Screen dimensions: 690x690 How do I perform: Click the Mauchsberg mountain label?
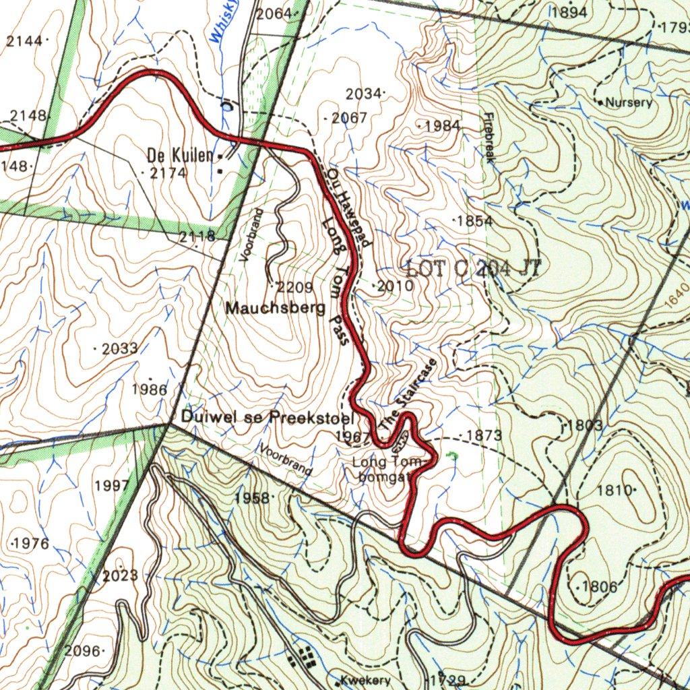coord(276,309)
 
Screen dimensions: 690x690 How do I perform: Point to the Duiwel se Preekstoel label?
coord(268,416)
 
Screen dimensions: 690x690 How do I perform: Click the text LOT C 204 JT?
coord(474,269)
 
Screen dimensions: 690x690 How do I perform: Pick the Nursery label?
coord(629,103)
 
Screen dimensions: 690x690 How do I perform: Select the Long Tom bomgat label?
coord(387,470)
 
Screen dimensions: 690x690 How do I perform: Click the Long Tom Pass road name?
coord(336,280)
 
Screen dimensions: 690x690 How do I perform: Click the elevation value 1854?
coord(475,221)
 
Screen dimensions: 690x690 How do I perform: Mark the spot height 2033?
coord(120,349)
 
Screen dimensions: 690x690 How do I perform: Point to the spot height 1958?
coord(252,498)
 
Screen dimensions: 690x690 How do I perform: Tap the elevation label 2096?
coord(83,651)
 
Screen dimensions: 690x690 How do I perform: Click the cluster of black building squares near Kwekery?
coord(301,654)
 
